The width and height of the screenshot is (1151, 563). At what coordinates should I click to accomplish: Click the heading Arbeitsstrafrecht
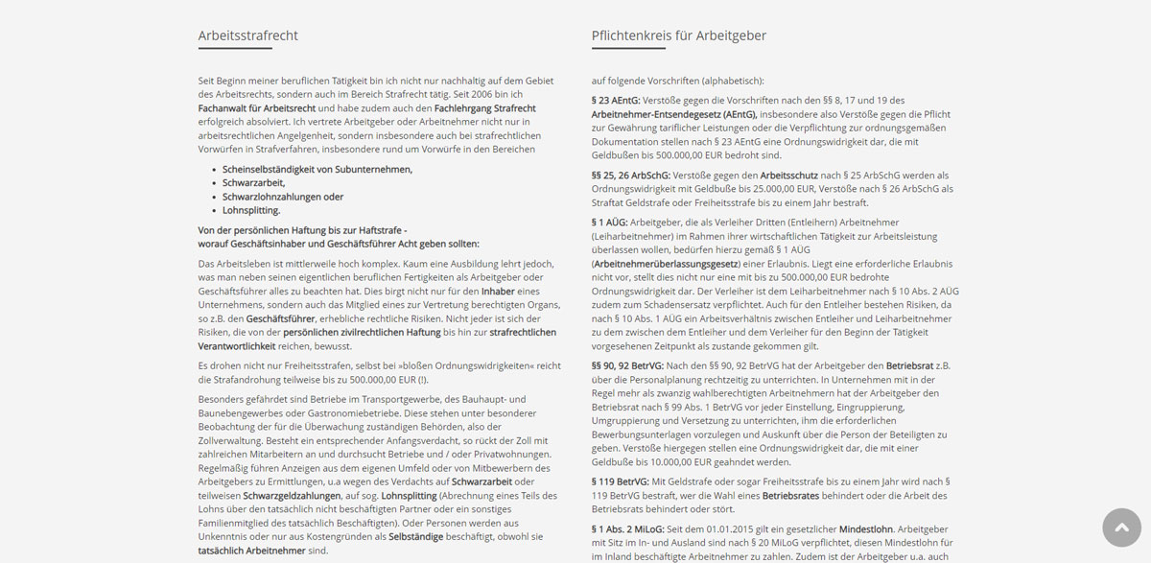tap(248, 35)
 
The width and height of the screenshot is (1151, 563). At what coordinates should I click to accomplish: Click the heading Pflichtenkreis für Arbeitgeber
tap(679, 35)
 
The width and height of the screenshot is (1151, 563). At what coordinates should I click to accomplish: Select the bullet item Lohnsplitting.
tap(251, 210)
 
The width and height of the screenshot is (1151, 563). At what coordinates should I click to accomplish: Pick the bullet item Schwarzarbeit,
tap(254, 182)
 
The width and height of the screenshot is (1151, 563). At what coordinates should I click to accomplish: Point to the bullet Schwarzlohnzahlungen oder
tap(283, 197)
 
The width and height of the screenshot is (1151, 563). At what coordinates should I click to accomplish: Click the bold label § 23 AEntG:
tap(616, 100)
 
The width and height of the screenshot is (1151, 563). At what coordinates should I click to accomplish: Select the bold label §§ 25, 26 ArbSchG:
tap(631, 176)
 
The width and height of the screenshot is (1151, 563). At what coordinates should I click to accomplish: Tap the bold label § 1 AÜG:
tap(609, 223)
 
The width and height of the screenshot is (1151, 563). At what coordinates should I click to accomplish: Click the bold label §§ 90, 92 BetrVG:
tap(627, 365)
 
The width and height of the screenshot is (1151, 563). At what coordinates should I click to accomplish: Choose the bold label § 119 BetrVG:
tap(620, 481)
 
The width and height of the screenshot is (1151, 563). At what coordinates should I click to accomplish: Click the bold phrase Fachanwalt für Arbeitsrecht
tap(257, 108)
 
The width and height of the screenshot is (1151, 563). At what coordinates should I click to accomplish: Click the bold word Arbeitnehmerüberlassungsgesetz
tap(666, 263)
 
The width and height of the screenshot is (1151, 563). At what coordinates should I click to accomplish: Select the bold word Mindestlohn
tap(866, 528)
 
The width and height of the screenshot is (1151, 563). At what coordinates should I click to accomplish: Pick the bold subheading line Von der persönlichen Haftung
tap(302, 230)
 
